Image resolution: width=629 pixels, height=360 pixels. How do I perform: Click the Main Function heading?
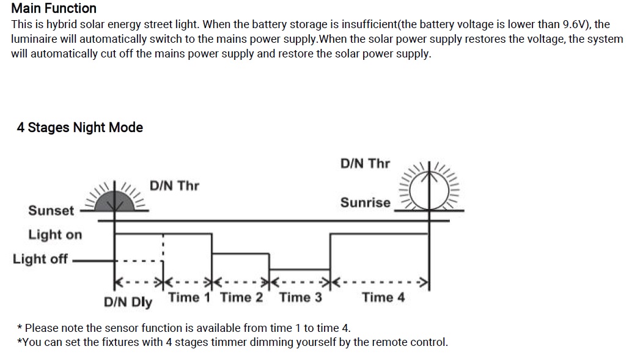pos(54,9)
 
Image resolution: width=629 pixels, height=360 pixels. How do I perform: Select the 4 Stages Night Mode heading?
pos(79,128)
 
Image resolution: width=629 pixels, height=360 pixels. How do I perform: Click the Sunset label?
pos(51,210)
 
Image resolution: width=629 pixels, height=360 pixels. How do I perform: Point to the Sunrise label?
pos(365,202)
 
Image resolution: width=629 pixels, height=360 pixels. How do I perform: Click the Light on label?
pos(55,235)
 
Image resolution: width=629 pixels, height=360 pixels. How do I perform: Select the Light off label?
pos(40,259)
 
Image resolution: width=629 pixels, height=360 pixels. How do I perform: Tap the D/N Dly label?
pos(128,302)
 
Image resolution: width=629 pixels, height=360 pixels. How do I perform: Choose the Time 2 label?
pos(241,298)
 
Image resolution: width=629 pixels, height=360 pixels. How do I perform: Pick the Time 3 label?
pos(300,298)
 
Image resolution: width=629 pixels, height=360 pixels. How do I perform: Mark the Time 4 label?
pos(383,298)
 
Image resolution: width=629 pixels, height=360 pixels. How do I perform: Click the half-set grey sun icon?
pos(115,199)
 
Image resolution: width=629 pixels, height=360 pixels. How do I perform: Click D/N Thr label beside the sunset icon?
pos(174,185)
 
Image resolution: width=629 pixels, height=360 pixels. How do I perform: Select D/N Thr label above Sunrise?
pos(365,163)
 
